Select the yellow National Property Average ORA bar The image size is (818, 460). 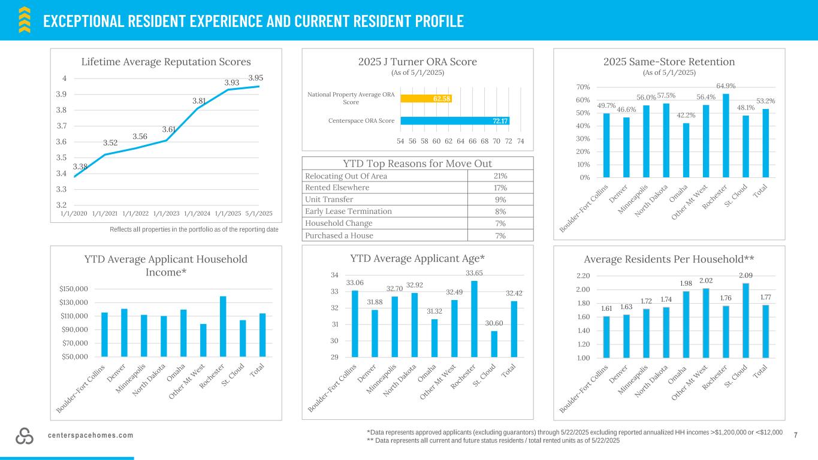coord(426,99)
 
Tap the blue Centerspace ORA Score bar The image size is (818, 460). coord(454,120)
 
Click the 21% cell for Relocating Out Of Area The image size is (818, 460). coord(499,176)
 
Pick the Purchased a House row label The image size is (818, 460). coord(339,235)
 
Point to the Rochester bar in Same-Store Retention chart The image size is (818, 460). coord(726,135)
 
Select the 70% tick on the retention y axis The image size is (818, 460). coord(583,87)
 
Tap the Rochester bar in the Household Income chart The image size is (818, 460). coord(223,326)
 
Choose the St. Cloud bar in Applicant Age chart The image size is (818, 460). coord(494,344)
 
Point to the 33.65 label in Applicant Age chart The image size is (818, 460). coord(474,273)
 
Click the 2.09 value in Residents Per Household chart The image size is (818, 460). coord(745,276)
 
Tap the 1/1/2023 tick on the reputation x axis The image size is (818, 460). coord(166,213)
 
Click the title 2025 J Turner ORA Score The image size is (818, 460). coord(417,62)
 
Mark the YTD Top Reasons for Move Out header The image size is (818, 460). coord(418,164)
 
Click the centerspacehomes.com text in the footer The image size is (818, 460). coord(90,435)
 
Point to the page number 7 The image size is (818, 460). coord(795,434)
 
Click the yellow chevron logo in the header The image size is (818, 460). coord(25,19)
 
